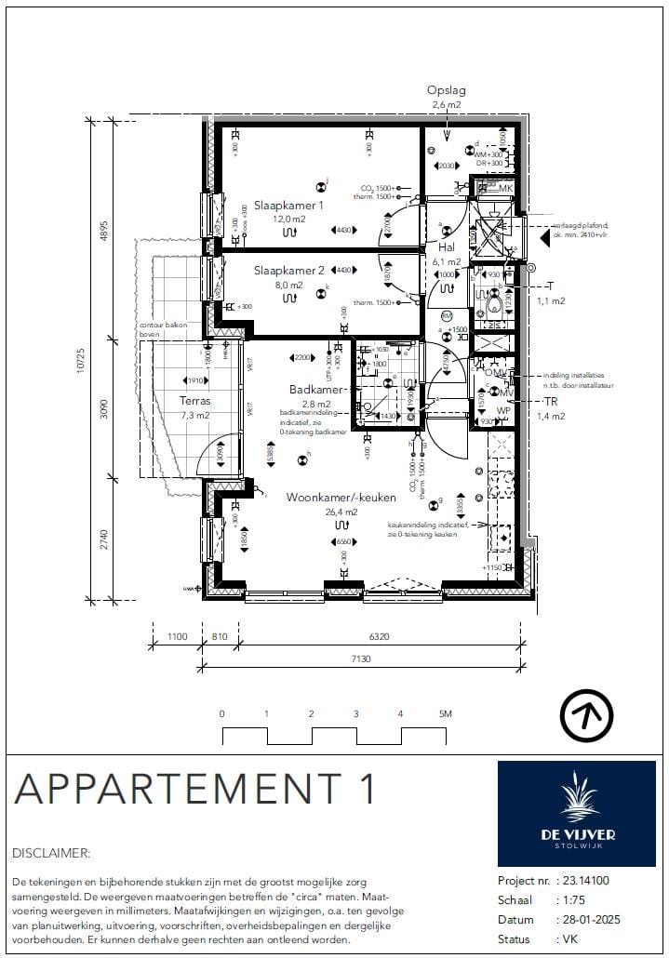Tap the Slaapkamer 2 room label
(x=288, y=271)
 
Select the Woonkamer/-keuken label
(x=334, y=498)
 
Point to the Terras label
(x=194, y=402)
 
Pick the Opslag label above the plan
(x=446, y=91)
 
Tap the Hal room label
(x=446, y=247)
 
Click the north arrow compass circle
(x=586, y=715)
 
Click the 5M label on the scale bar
(x=445, y=714)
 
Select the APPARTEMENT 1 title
(x=195, y=789)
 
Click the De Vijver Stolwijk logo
(x=577, y=813)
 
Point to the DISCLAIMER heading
(x=51, y=852)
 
